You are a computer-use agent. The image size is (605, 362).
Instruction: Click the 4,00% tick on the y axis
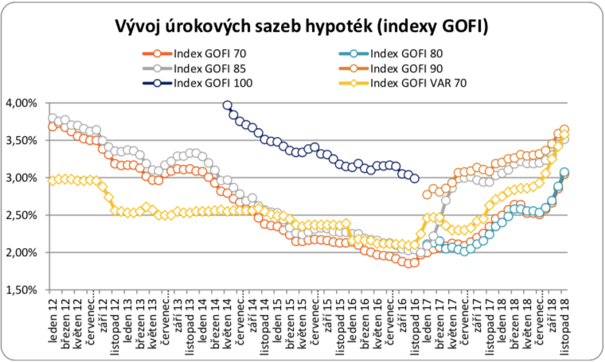21,103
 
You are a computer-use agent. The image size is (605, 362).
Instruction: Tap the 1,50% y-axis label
21,290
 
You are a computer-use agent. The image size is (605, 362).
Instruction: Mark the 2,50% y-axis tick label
21,216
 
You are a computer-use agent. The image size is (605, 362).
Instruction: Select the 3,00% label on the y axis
21,178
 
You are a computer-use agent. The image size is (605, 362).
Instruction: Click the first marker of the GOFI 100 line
228,105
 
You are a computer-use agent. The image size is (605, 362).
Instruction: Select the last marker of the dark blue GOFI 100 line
414,179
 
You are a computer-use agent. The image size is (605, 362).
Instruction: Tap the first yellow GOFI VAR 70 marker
53,181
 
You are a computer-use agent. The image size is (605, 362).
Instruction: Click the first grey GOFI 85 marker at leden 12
53,119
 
